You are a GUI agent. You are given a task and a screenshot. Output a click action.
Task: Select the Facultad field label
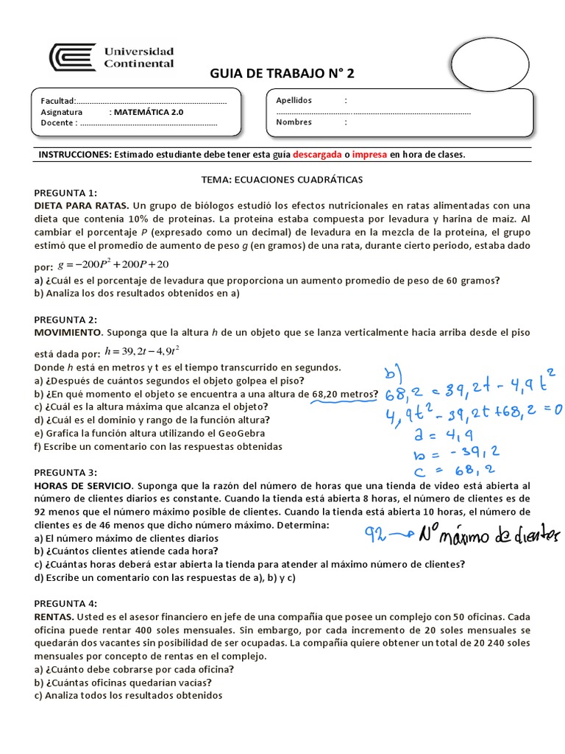click(x=58, y=101)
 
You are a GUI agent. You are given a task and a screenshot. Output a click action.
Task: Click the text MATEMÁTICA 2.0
click(x=147, y=113)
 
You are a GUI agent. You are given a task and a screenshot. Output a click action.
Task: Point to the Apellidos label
click(x=294, y=100)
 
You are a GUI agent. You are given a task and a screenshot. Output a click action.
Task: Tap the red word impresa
click(x=370, y=155)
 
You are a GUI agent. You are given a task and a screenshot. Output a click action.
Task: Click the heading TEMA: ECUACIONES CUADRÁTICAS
click(x=282, y=180)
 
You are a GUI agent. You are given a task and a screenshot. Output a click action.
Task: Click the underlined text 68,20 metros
click(x=344, y=393)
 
